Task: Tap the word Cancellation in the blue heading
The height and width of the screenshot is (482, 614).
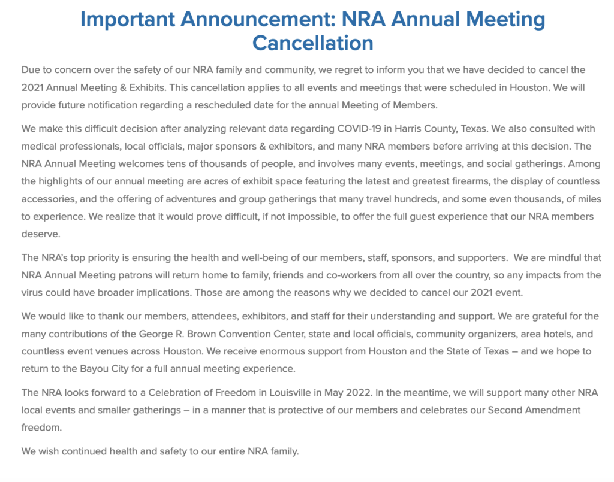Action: click(312, 43)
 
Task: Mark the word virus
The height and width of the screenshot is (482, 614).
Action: click(34, 292)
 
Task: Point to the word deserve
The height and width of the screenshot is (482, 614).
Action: click(40, 233)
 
